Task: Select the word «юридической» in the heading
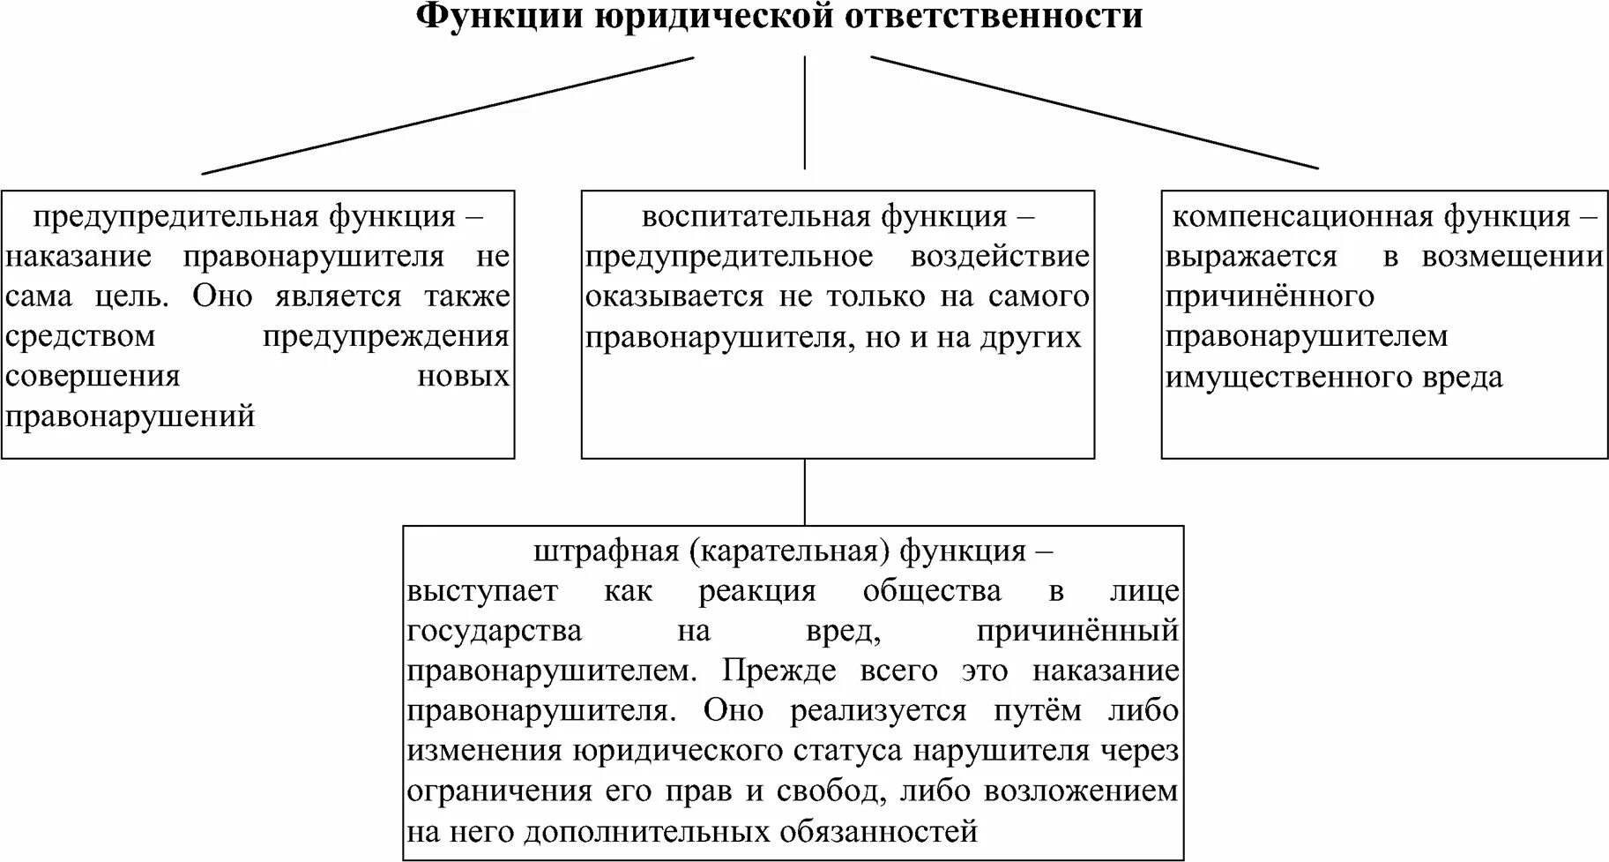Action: coord(713,16)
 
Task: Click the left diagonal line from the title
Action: coord(448,115)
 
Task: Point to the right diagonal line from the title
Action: coord(1094,112)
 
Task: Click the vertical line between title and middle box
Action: coord(804,112)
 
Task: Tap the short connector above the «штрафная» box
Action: coord(804,491)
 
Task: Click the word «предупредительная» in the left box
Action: coord(176,217)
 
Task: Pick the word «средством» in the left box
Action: coord(80,336)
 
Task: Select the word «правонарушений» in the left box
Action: coord(130,416)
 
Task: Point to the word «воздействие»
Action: coord(1000,257)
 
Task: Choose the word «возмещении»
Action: coord(1511,257)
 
